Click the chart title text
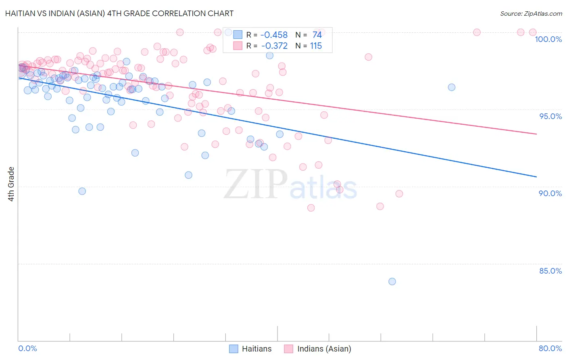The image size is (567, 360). click(x=119, y=13)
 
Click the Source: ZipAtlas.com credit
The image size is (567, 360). click(x=531, y=13)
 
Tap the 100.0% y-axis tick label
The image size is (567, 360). click(x=548, y=39)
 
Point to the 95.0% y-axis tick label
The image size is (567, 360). click(x=550, y=116)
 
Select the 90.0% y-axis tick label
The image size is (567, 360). click(x=550, y=193)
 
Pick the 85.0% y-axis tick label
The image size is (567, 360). click(x=550, y=271)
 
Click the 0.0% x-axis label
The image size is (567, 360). click(x=27, y=348)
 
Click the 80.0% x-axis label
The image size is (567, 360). click(x=550, y=348)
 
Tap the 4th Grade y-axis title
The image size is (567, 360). click(x=11, y=184)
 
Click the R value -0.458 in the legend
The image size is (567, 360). click(x=274, y=35)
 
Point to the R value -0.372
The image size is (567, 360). click(x=274, y=46)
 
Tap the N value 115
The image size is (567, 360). click(x=316, y=46)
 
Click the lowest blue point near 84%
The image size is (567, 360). click(x=392, y=281)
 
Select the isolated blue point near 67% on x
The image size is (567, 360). click(x=451, y=87)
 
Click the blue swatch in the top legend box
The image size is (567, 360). click(x=238, y=35)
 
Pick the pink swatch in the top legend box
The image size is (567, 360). click(x=238, y=46)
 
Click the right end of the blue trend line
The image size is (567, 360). click(x=536, y=177)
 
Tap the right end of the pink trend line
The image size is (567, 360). click(x=536, y=134)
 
